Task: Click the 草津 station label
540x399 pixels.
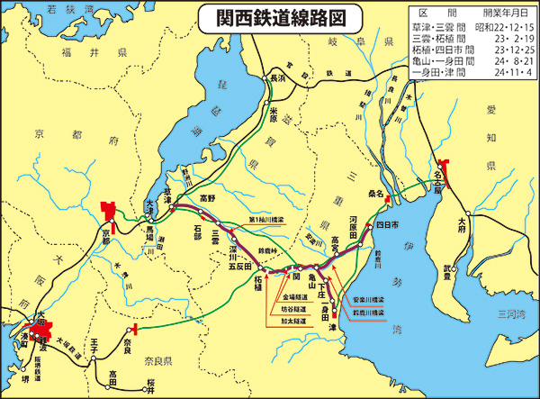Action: [x=165, y=194]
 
